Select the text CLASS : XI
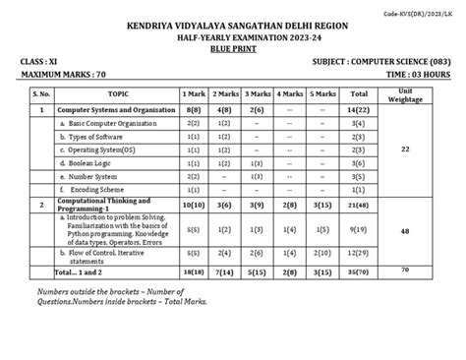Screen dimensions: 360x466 39,61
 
